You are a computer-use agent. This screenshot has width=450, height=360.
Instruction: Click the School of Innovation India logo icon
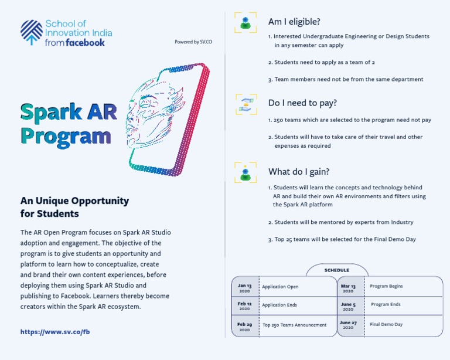tap(31, 32)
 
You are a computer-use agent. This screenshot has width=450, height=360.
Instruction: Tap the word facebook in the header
tap(85, 43)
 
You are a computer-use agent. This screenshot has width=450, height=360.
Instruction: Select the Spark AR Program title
tap(66, 124)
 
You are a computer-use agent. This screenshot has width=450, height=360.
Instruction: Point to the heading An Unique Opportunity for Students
tap(74, 207)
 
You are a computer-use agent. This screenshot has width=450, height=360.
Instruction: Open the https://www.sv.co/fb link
tap(55, 332)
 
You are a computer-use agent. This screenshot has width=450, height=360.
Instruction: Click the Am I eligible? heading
tap(294, 22)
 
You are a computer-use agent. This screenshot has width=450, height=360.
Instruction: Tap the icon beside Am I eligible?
tap(246, 22)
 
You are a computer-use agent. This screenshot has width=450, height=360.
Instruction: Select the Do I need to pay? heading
tap(302, 103)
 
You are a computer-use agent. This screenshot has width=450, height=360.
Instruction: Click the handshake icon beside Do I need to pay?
tap(246, 103)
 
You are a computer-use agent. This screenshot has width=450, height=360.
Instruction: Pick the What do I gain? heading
tap(299, 172)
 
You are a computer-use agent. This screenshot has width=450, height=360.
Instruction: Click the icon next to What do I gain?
tap(246, 172)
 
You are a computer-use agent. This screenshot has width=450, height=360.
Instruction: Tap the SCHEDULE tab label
tap(337, 270)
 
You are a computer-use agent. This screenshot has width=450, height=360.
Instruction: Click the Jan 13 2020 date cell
tap(244, 287)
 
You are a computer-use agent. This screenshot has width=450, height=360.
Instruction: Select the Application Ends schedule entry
tap(279, 305)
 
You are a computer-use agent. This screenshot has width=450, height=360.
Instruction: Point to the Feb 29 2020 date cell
tap(244, 326)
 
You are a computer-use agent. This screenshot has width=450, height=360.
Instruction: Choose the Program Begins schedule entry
tap(386, 286)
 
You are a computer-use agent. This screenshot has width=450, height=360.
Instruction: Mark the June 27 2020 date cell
tap(348, 325)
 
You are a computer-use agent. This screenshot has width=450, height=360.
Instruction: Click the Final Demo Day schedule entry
tap(386, 324)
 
